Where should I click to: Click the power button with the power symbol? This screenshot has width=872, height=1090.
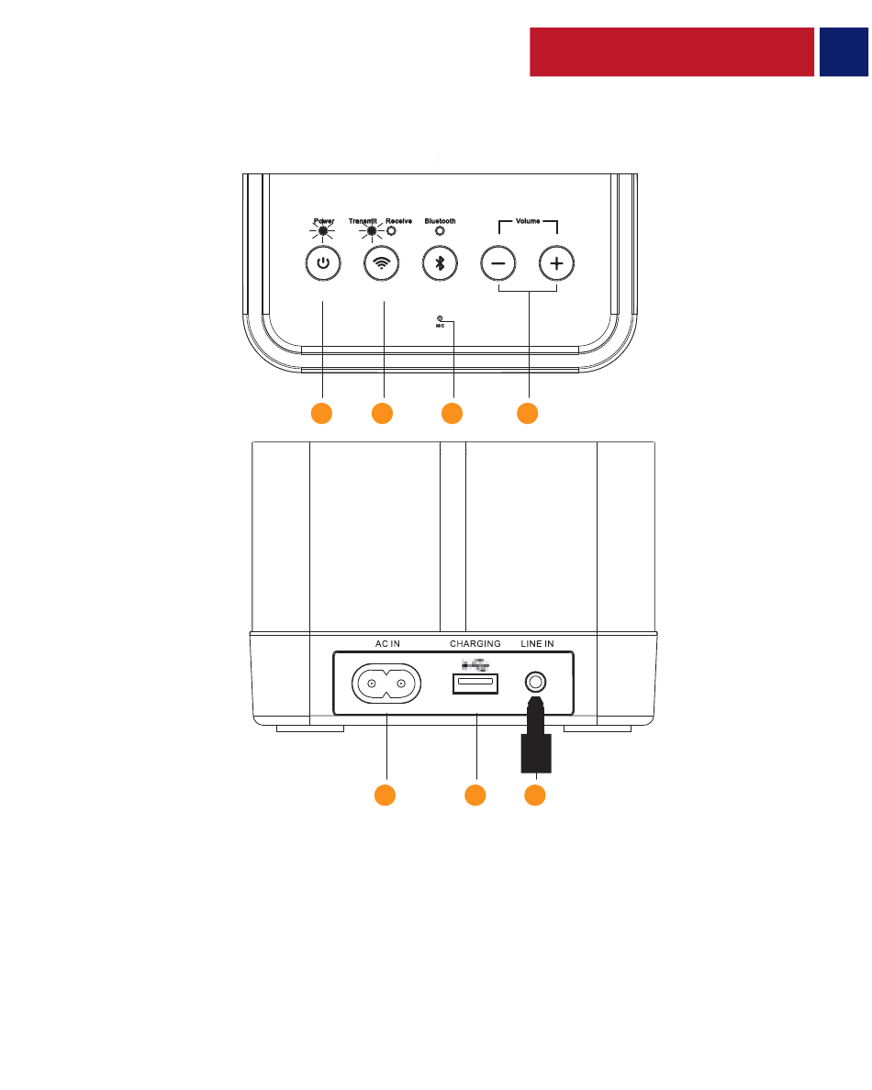[x=322, y=263]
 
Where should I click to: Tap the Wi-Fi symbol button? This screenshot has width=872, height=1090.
[x=381, y=263]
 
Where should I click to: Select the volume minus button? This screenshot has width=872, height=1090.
[x=498, y=263]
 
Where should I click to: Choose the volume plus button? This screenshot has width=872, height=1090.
[x=556, y=263]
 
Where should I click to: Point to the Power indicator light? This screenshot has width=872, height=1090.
[x=322, y=231]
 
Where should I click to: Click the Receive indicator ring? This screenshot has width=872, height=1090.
[x=392, y=231]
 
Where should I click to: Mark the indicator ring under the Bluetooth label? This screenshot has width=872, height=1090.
[x=440, y=231]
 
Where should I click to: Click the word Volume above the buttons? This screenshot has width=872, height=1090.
[x=528, y=221]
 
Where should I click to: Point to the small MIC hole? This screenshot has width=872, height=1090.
[x=441, y=318]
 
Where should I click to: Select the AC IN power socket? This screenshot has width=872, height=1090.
[x=386, y=684]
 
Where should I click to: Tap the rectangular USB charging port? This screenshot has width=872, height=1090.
[x=475, y=684]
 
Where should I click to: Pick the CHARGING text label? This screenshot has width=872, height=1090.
[x=475, y=644]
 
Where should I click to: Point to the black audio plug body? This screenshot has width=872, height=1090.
[x=535, y=751]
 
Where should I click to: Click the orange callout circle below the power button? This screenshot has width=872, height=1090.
[x=321, y=413]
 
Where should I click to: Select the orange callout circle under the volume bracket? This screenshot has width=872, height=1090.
[x=527, y=413]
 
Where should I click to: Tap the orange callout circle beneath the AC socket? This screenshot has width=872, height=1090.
[x=385, y=795]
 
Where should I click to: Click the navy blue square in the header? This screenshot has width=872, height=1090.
[x=844, y=51]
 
